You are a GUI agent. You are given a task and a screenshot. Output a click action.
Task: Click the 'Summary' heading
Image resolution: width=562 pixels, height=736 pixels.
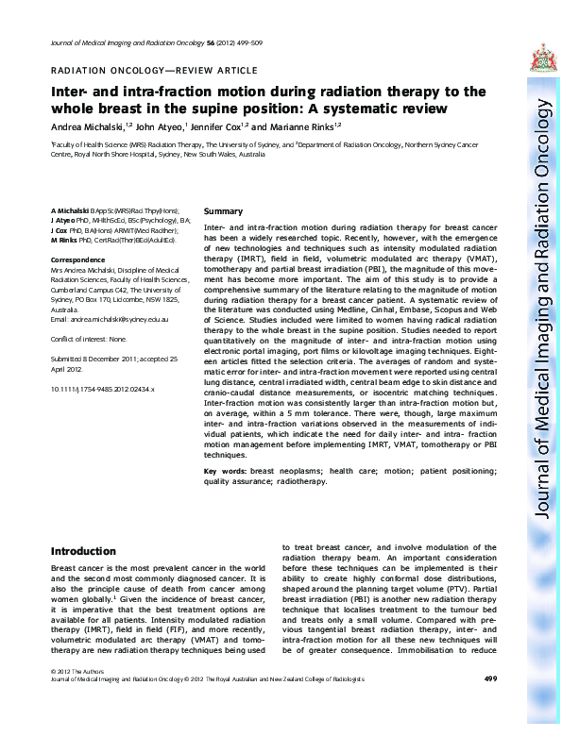pyautogui.click(x=223, y=211)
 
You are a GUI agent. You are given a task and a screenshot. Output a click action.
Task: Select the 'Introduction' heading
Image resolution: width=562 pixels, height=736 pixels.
pyautogui.click(x=83, y=551)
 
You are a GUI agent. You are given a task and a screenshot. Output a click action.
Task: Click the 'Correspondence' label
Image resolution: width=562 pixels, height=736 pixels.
pyautogui.click(x=77, y=258)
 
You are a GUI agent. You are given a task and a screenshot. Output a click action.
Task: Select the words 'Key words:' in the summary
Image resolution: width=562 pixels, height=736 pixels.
pyautogui.click(x=226, y=470)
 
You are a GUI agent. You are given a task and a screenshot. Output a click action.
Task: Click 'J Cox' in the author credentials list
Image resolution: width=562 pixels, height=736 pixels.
pyautogui.click(x=61, y=230)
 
